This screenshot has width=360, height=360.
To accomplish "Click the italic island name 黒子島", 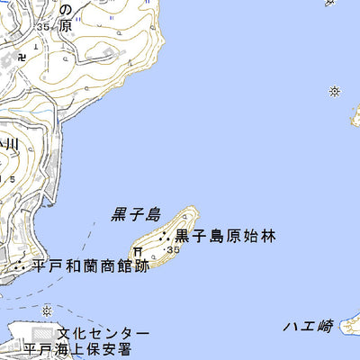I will click(x=136, y=214).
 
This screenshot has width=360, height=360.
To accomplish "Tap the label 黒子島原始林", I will click(x=225, y=237).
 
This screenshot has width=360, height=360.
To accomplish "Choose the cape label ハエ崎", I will click(x=307, y=326).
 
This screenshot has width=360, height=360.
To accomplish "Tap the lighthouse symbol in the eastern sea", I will click(x=335, y=91).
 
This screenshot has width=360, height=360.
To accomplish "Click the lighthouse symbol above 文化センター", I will click(x=47, y=310).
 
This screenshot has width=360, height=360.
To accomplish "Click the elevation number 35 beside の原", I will click(x=43, y=28).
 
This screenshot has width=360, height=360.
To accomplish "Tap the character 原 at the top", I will click(x=64, y=26).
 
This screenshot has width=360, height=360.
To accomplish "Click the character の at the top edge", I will click(x=65, y=7).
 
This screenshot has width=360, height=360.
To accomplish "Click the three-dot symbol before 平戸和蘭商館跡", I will click(x=20, y=265).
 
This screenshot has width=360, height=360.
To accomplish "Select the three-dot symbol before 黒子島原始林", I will click(x=166, y=237).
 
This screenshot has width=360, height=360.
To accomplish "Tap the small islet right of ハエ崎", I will click(x=353, y=321).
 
